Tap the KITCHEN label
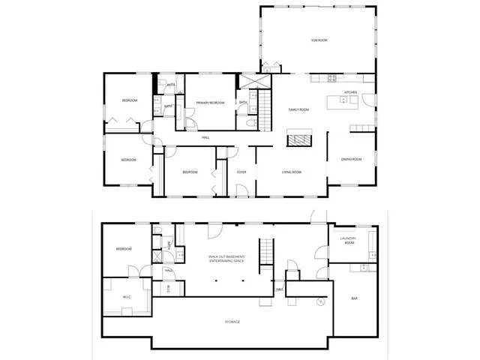(350, 92)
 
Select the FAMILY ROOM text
(299, 109)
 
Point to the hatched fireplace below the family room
(299, 138)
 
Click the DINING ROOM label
(351, 159)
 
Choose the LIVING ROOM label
(292, 172)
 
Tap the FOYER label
(241, 172)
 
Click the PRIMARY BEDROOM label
(211, 103)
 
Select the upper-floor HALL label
(205, 137)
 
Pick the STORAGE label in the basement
(232, 322)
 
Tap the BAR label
(354, 299)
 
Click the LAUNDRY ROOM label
(347, 241)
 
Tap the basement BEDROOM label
(124, 249)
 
